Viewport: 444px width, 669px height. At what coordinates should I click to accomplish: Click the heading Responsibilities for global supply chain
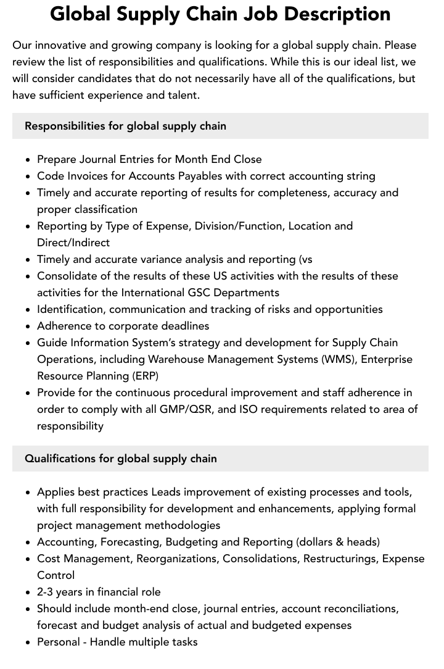[x=125, y=126]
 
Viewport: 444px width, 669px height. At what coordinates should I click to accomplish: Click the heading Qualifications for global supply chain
[x=120, y=459]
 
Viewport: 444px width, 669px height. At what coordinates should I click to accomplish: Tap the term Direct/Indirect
[x=73, y=243]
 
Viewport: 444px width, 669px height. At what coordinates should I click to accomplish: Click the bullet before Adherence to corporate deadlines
[x=28, y=326]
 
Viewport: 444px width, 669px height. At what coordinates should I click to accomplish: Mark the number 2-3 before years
[x=49, y=592]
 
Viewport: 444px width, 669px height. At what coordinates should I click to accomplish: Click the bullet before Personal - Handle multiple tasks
[x=28, y=642]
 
